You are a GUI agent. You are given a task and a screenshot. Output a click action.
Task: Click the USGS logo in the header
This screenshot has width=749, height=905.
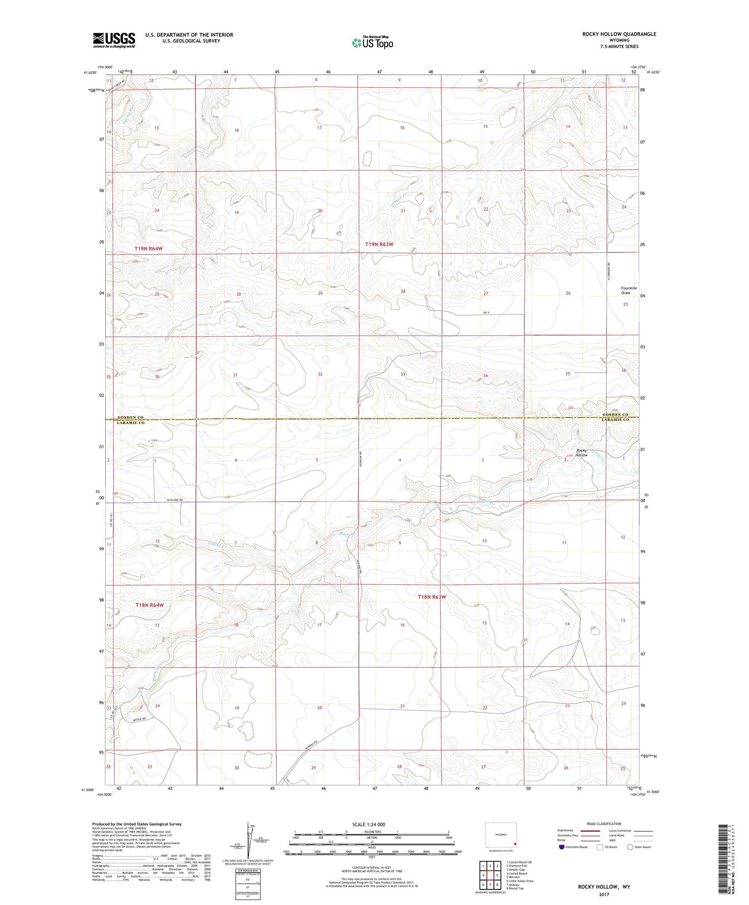pos(114,40)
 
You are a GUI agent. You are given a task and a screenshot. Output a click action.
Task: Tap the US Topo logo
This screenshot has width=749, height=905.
pos(372,43)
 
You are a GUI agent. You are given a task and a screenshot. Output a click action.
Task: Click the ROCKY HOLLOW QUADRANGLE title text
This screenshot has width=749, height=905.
pos(619,34)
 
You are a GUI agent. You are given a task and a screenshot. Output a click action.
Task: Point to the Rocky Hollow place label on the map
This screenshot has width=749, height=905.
pos(582,453)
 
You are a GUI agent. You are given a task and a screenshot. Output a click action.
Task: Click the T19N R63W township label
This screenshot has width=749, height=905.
pos(383,244)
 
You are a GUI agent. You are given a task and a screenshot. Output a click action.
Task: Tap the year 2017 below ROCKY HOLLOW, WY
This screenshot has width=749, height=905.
pos(603,894)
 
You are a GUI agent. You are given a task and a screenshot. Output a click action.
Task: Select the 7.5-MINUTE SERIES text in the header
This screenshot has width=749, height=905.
pos(619,47)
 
